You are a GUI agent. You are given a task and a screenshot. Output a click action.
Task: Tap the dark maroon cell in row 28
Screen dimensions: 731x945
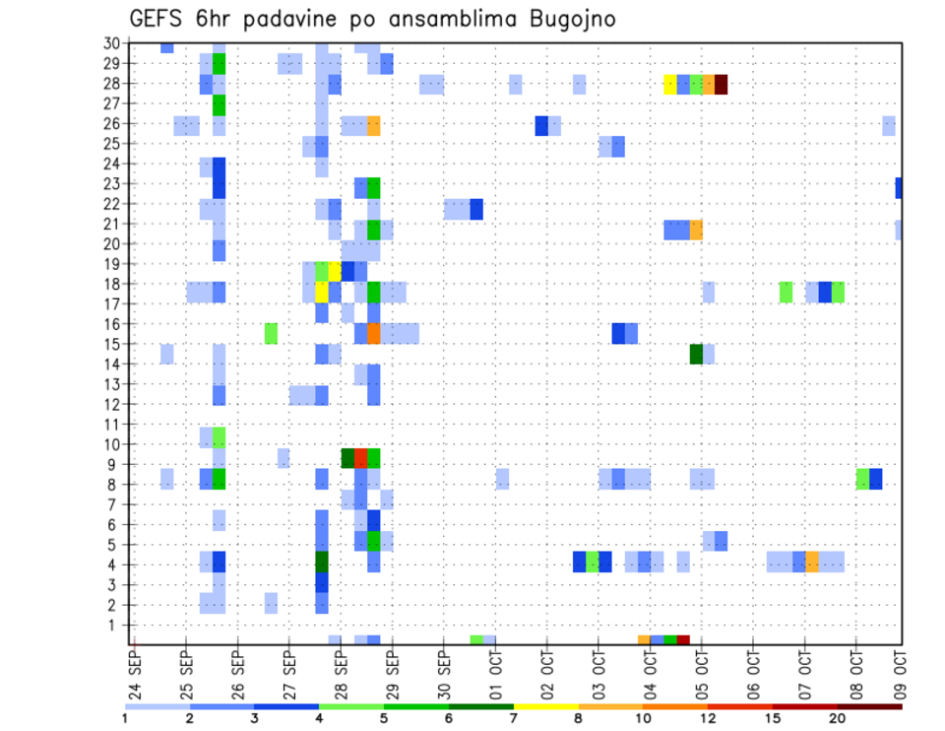(x=721, y=84)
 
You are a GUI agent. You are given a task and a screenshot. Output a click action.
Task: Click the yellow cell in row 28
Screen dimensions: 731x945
(x=670, y=84)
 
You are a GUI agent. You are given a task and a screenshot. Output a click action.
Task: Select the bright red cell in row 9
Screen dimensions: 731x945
(x=360, y=458)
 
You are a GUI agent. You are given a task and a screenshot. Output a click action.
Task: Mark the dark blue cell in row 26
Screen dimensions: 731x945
(x=541, y=125)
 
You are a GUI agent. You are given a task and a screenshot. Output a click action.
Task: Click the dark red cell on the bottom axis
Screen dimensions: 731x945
(x=683, y=640)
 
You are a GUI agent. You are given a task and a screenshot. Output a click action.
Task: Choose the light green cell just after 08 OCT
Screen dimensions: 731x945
(x=862, y=479)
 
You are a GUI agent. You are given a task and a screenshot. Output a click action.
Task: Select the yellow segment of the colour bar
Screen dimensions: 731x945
(x=545, y=706)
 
